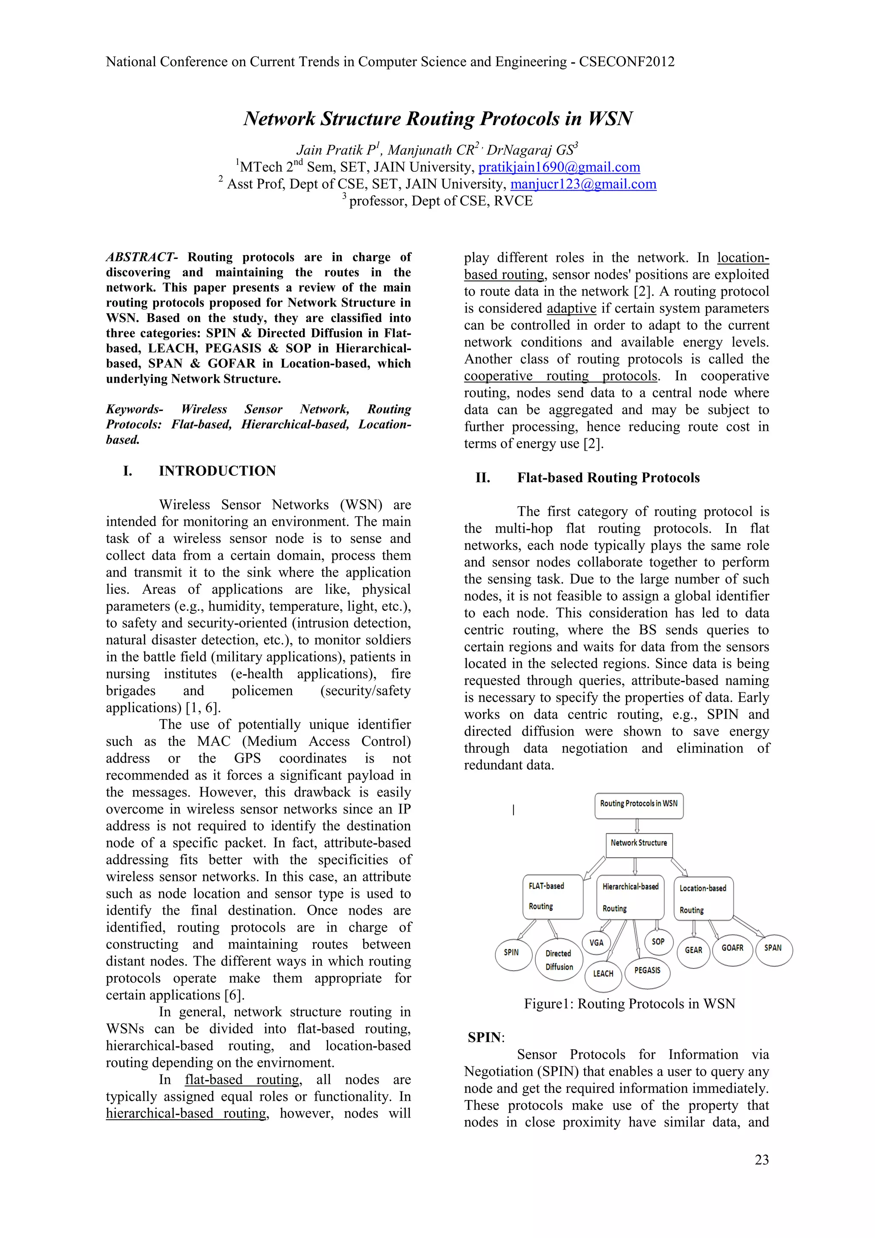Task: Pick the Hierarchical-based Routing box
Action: [631, 897]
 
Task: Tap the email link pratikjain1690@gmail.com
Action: [559, 167]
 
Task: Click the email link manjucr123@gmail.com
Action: [583, 185]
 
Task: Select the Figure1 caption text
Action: [629, 1004]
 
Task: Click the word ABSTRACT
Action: [140, 257]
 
